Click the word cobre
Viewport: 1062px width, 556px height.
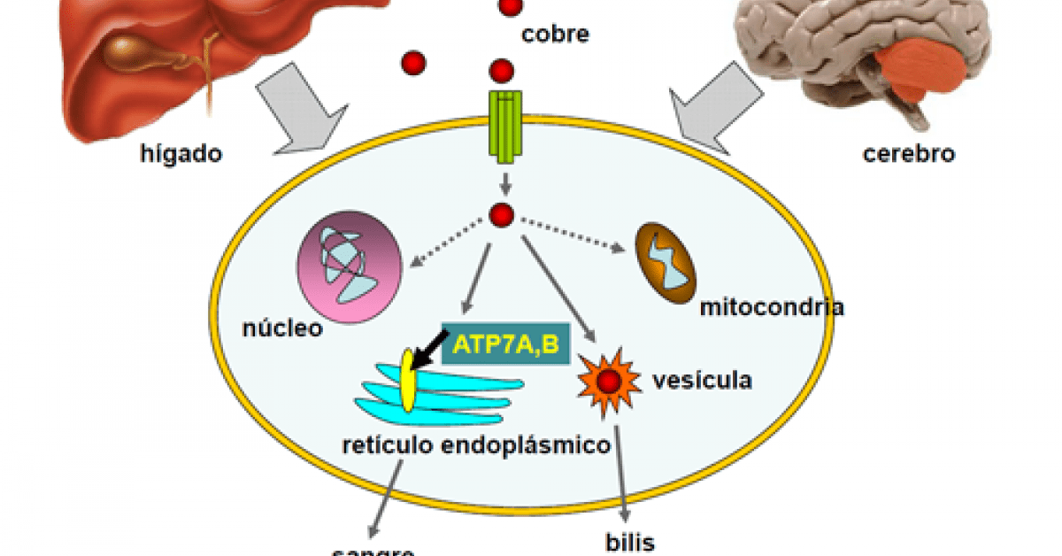(555, 35)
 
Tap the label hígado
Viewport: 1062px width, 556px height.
(181, 153)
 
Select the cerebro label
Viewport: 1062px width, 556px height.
(909, 153)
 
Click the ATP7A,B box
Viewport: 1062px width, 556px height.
(505, 344)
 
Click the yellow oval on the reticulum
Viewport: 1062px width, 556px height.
(407, 381)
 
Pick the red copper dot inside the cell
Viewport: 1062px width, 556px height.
(502, 214)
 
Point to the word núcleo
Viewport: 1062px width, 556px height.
(282, 330)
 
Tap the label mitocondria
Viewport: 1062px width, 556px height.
(771, 307)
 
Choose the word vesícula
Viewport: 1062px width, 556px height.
(702, 381)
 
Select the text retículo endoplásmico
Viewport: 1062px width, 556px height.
(476, 444)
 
